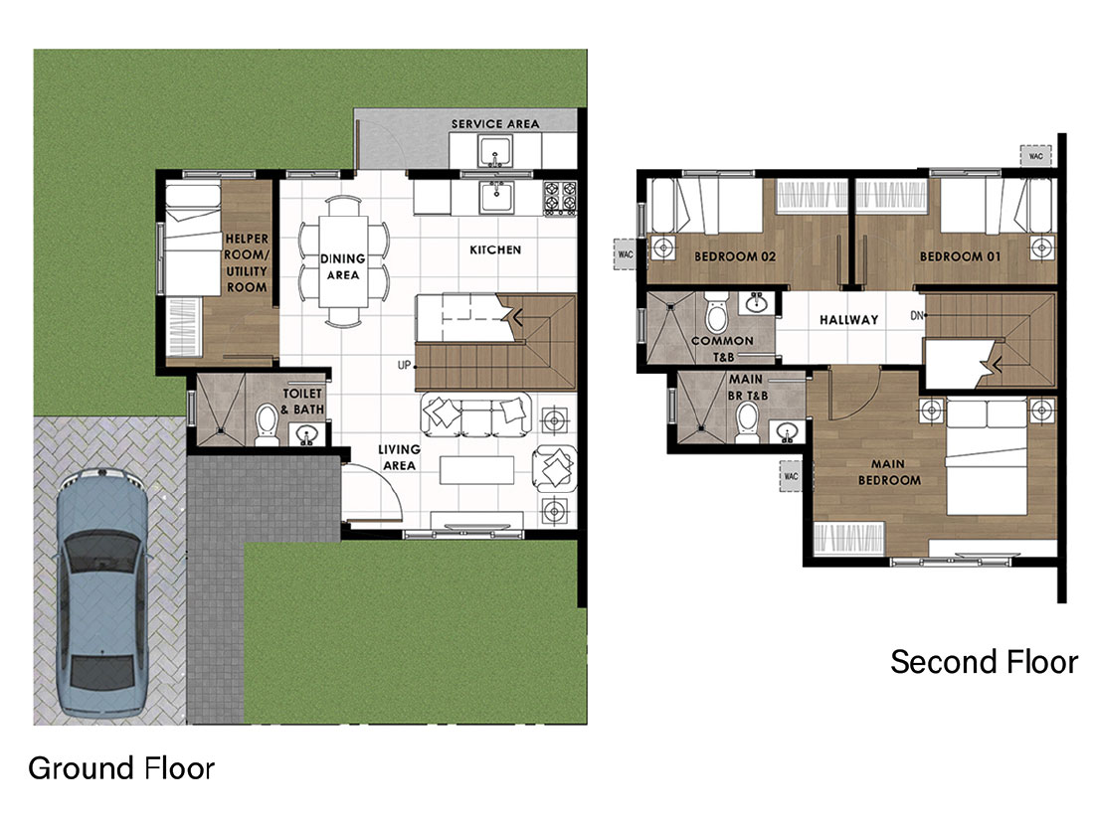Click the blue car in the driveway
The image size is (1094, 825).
pyautogui.click(x=103, y=593)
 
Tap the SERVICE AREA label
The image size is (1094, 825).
pyautogui.click(x=495, y=124)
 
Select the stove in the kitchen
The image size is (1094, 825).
pyautogui.click(x=560, y=198)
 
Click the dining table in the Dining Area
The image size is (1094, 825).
pyautogui.click(x=343, y=260)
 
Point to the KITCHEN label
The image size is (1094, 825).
pyautogui.click(x=495, y=249)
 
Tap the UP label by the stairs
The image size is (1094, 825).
pyautogui.click(x=404, y=365)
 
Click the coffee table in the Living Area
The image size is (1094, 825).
pyautogui.click(x=476, y=469)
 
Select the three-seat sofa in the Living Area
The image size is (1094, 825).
pyautogui.click(x=475, y=413)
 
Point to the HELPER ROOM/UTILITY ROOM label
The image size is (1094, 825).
pyautogui.click(x=247, y=263)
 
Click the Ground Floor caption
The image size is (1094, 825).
pyautogui.click(x=121, y=768)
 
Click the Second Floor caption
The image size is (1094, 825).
pyautogui.click(x=984, y=662)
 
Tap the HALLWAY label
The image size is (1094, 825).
pyautogui.click(x=848, y=320)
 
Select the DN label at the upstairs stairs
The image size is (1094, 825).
pyautogui.click(x=917, y=316)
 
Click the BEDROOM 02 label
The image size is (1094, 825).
pyautogui.click(x=735, y=256)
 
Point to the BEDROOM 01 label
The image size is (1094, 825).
pyautogui.click(x=960, y=256)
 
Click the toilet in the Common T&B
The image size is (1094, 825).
pyautogui.click(x=716, y=312)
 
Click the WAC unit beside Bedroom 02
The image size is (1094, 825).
pyautogui.click(x=626, y=253)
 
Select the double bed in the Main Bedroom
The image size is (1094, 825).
pyautogui.click(x=986, y=457)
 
